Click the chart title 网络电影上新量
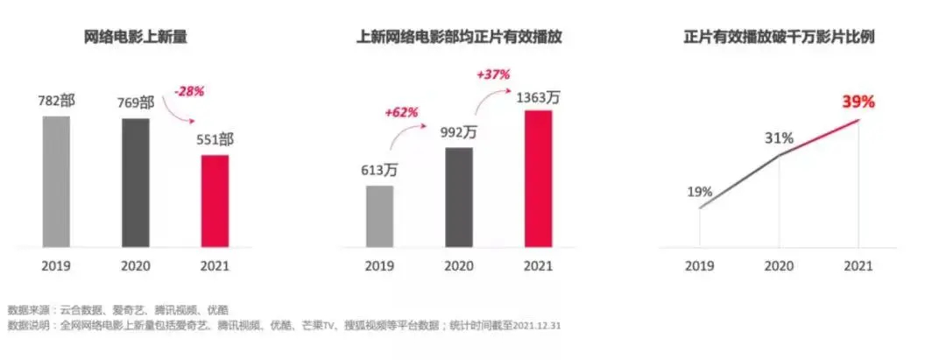click(x=136, y=38)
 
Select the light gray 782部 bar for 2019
click(x=56, y=180)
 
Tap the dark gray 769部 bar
click(x=136, y=182)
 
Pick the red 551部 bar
click(x=215, y=201)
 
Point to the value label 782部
click(x=56, y=102)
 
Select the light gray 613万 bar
click(x=379, y=215)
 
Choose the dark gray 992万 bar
click(x=459, y=197)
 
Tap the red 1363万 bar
click(x=538, y=178)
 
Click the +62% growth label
click(x=401, y=113)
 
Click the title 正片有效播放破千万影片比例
click(x=779, y=38)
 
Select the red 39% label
click(x=858, y=102)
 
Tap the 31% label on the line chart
click(x=780, y=138)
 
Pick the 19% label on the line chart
click(x=699, y=192)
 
